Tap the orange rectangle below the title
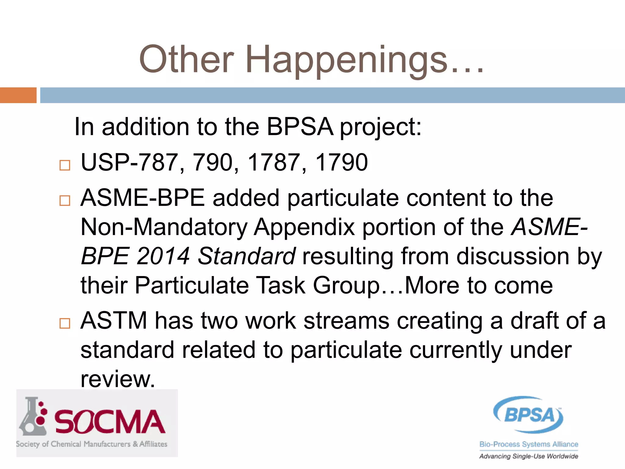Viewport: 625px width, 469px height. (x=18, y=95)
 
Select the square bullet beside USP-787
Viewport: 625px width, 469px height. (x=65, y=165)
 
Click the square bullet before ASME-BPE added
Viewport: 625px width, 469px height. (x=65, y=201)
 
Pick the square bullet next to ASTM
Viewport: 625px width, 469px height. (x=65, y=323)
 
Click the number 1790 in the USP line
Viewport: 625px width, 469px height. (x=341, y=162)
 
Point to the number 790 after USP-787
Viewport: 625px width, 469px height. (x=213, y=162)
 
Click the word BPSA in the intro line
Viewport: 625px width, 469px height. (x=300, y=127)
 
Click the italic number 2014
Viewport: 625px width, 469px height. (x=163, y=256)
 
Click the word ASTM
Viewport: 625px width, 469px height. (x=114, y=321)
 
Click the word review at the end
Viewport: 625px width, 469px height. (x=118, y=379)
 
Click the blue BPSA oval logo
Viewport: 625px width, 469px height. (x=529, y=415)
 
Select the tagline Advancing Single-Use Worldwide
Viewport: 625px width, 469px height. (x=529, y=456)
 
